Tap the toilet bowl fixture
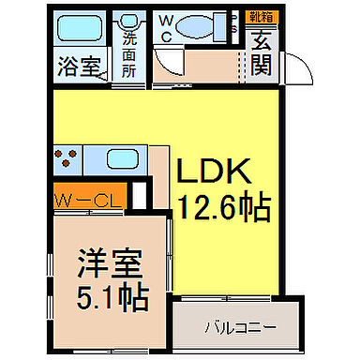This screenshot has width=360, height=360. point(202,26)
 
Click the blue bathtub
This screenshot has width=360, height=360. point(79,28)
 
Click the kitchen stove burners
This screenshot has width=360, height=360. point(65,159)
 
